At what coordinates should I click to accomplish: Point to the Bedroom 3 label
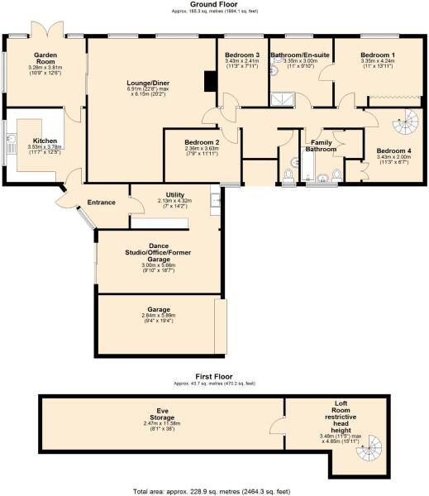tap(242, 55)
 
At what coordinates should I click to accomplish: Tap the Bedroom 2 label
tap(203, 142)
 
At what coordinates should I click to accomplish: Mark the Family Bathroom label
tap(321, 145)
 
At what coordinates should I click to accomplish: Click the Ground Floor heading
tap(214, 5)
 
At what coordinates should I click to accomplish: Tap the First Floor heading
tap(214, 378)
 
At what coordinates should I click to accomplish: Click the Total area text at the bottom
tap(214, 491)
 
